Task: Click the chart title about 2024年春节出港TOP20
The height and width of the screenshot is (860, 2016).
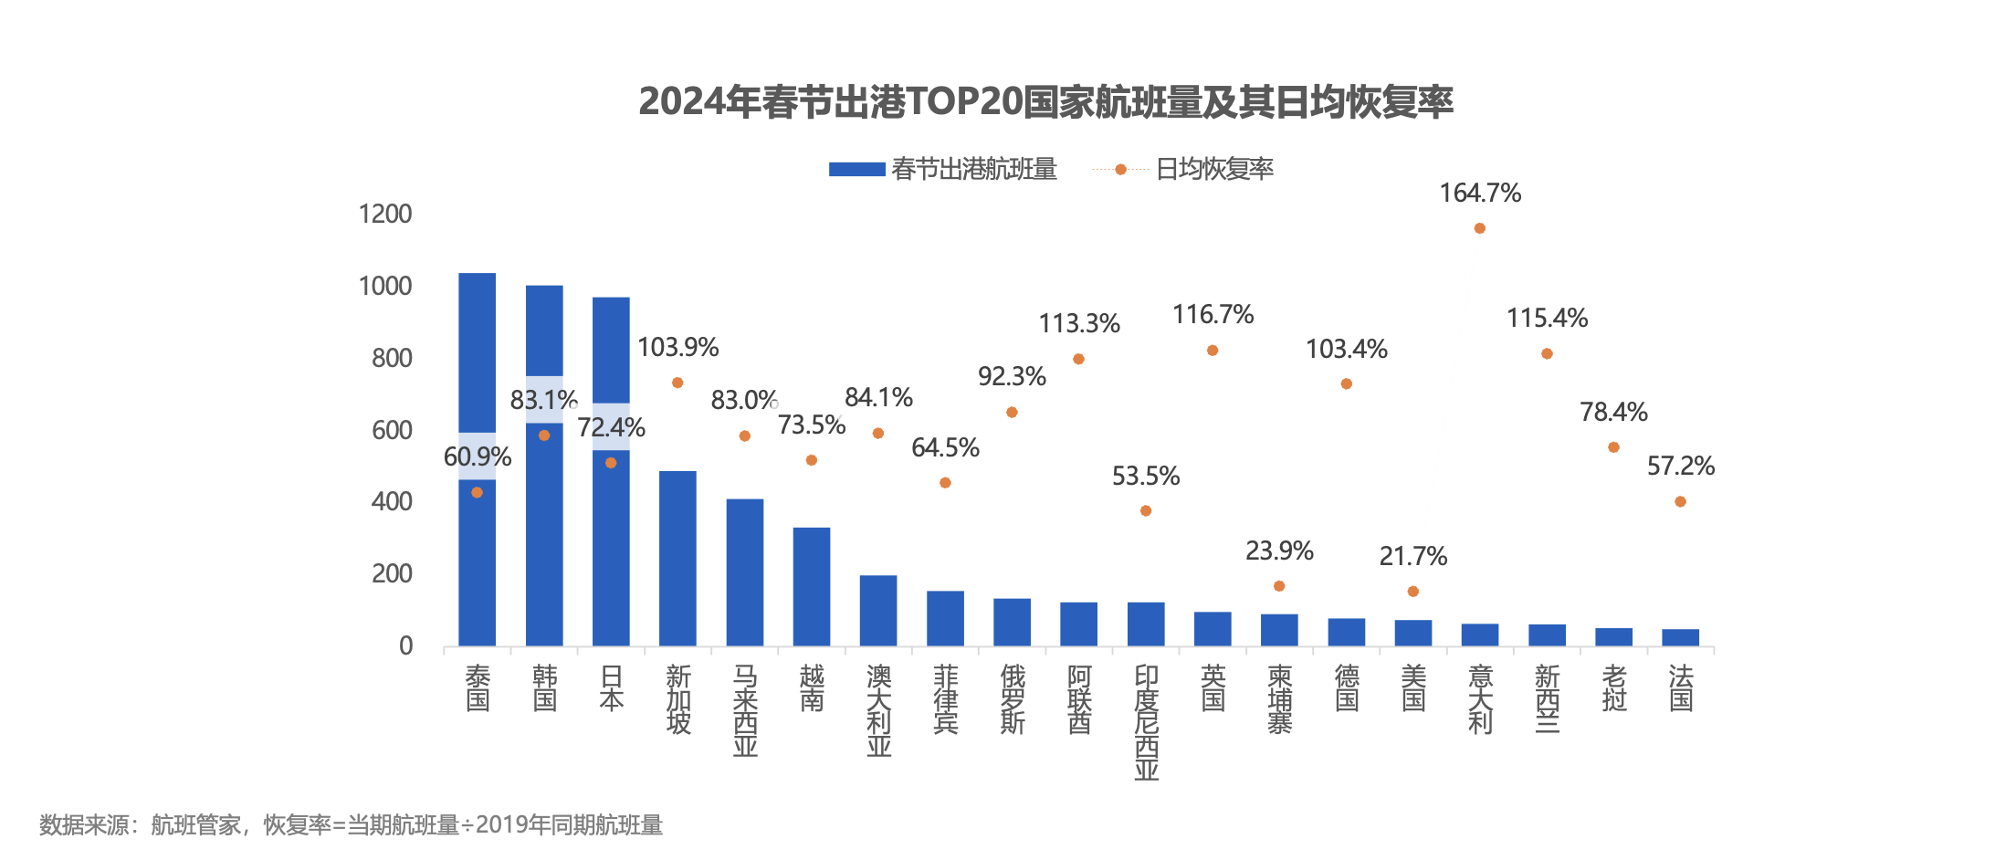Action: click(x=1045, y=101)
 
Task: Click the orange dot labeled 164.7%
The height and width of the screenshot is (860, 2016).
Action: click(x=1479, y=228)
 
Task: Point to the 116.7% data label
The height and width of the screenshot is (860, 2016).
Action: click(x=1213, y=315)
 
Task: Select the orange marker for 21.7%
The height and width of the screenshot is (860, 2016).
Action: click(x=1412, y=592)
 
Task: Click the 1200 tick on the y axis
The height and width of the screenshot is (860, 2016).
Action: click(x=385, y=215)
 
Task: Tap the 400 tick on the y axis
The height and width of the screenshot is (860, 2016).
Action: click(x=392, y=501)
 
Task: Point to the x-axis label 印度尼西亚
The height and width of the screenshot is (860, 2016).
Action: click(x=1146, y=722)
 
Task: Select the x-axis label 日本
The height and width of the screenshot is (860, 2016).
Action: click(x=611, y=688)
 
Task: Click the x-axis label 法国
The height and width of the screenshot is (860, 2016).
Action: click(x=1680, y=688)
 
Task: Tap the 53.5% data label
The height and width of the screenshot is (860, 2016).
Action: click(x=1145, y=477)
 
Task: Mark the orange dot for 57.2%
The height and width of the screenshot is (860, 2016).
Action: click(x=1680, y=501)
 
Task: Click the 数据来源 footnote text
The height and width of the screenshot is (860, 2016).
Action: click(x=351, y=825)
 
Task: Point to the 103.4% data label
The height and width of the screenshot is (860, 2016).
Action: click(x=1346, y=350)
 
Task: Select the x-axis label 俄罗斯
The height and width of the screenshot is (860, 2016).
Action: click(x=1012, y=699)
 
